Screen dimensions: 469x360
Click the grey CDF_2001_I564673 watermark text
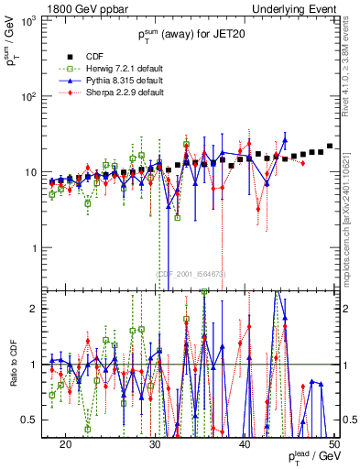pyautogui.click(x=191, y=273)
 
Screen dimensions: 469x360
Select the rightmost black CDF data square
pyautogui.click(x=330, y=146)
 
